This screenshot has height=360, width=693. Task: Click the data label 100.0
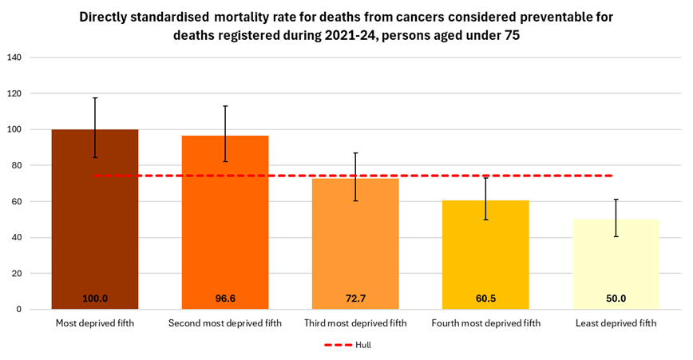coord(95,299)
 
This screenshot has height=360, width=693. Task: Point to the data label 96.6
coord(225,299)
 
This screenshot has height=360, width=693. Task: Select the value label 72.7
coord(355,299)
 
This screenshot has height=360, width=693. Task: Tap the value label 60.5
coord(485,299)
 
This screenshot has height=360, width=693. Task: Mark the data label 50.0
coord(616,299)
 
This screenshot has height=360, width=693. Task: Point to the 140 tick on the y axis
coord(14,57)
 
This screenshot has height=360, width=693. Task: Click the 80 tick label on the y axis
coord(17,165)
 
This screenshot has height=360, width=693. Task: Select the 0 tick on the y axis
coord(19,309)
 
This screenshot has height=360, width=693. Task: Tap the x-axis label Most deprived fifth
coord(95,323)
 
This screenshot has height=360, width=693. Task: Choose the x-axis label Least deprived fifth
coord(616,323)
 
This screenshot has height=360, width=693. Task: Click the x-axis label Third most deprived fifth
coord(355,323)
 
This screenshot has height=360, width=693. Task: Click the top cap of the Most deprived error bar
coord(95,98)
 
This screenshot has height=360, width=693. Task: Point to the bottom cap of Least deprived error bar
coord(616,236)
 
